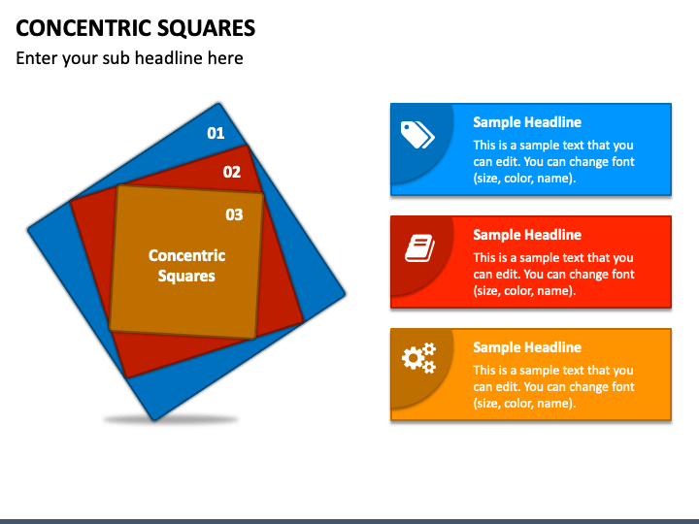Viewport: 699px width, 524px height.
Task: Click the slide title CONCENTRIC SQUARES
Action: coord(136,27)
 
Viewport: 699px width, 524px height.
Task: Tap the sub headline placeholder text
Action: coord(129,58)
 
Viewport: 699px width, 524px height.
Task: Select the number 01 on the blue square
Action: coord(216,133)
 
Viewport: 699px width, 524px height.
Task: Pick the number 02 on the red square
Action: coord(231,172)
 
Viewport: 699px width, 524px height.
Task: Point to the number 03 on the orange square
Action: coord(234,214)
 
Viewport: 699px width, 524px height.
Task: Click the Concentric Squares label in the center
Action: coord(186,265)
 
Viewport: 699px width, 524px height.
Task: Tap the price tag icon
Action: coord(417,135)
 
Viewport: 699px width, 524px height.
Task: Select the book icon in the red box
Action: coord(418,248)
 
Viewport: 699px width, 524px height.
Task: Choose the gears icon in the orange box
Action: coord(418,359)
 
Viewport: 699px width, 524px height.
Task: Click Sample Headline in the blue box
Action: coord(527,122)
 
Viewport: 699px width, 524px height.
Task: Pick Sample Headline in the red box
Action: coord(527,235)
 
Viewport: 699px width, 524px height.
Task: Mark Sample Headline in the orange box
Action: coord(527,347)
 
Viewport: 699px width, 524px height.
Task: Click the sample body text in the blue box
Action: coord(553,162)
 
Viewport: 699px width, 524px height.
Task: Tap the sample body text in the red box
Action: coord(553,275)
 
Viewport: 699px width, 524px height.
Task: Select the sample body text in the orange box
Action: coord(553,387)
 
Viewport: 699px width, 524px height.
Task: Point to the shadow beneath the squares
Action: coord(171,420)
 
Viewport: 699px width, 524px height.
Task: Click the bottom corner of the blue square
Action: coord(154,418)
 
